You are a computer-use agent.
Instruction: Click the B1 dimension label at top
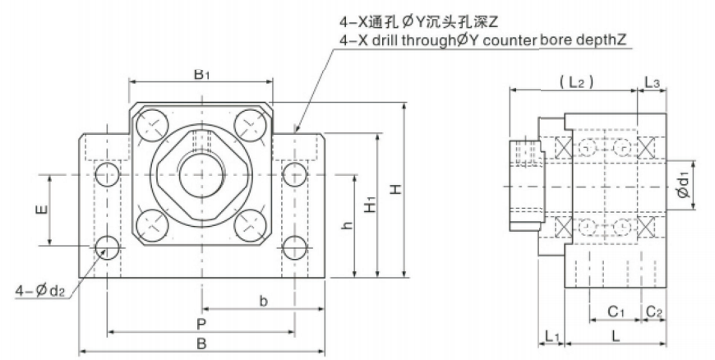pos(201,75)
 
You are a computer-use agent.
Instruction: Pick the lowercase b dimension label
pos(264,302)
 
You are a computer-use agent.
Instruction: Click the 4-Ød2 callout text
pos(41,289)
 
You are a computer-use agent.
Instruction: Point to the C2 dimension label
pos(654,312)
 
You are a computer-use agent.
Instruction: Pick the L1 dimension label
pos(552,336)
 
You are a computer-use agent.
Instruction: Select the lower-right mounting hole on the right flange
pos(295,245)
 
